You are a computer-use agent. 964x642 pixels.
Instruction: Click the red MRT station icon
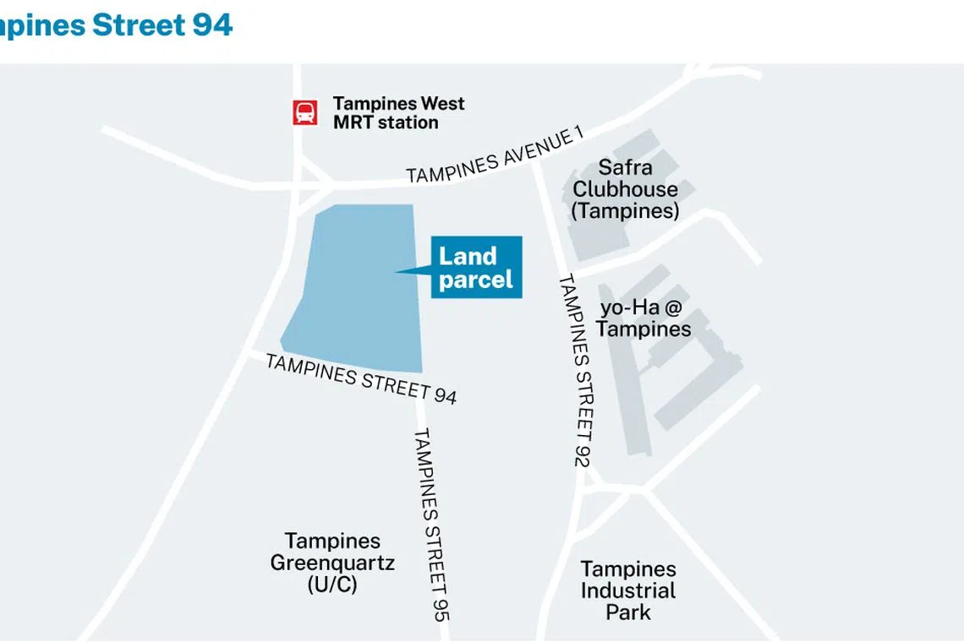pyautogui.click(x=305, y=112)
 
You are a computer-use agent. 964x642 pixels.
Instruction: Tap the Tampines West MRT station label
pyautogui.click(x=398, y=113)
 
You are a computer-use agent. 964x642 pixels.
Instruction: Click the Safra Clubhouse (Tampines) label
pyautogui.click(x=625, y=189)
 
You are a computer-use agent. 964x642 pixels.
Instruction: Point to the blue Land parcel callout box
pyautogui.click(x=476, y=267)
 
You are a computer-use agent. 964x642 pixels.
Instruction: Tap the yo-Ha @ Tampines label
pyautogui.click(x=644, y=318)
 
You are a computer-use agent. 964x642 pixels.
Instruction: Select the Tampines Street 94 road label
pyautogui.click(x=361, y=378)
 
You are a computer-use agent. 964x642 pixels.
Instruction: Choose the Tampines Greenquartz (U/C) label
pyautogui.click(x=331, y=563)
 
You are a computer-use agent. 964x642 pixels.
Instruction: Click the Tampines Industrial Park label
pyautogui.click(x=628, y=590)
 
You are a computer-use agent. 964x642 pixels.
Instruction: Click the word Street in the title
pyautogui.click(x=138, y=24)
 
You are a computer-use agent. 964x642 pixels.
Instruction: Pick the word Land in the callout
pyautogui.click(x=468, y=255)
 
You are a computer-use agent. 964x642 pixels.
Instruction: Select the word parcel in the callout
pyautogui.click(x=476, y=280)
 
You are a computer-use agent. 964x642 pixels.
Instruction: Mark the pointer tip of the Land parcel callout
pyautogui.click(x=397, y=271)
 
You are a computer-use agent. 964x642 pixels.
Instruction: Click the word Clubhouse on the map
pyautogui.click(x=625, y=189)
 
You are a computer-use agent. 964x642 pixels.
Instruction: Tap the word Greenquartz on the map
pyautogui.click(x=332, y=563)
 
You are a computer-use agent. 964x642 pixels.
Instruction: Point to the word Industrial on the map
pyautogui.click(x=628, y=590)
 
